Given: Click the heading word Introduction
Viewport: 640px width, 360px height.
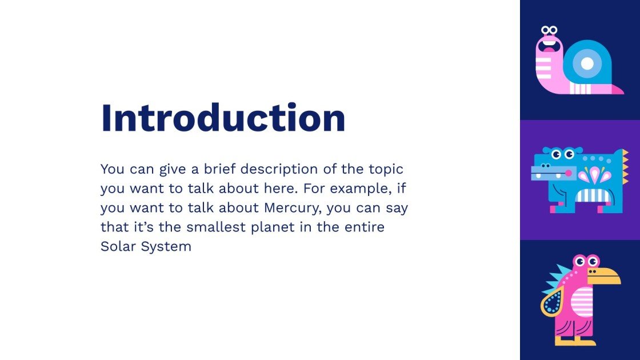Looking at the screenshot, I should click(223, 118).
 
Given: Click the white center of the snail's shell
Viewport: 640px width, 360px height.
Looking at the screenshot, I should click(587, 63).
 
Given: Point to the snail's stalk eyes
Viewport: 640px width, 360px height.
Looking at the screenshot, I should click(549, 30).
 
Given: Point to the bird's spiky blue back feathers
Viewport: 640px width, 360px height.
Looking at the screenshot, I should click(557, 278).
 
